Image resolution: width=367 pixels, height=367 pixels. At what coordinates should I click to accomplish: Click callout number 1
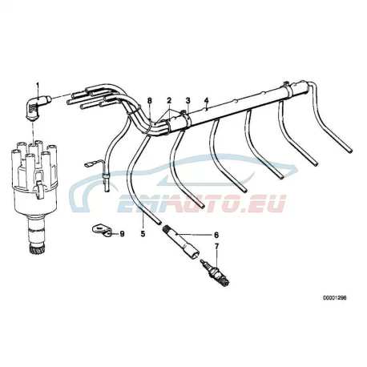click(x=38, y=85)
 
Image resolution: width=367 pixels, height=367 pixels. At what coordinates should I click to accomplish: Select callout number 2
click(x=169, y=101)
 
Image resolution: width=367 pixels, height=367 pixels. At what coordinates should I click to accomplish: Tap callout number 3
click(x=188, y=101)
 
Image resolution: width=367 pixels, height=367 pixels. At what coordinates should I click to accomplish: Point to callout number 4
click(x=206, y=100)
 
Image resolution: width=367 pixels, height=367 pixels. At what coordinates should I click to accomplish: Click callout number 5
click(x=143, y=234)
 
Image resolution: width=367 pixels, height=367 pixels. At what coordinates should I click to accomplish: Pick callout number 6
click(x=216, y=235)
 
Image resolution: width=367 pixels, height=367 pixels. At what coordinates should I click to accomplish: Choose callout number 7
click(x=216, y=247)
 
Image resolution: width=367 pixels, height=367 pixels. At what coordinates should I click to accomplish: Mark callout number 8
click(x=150, y=101)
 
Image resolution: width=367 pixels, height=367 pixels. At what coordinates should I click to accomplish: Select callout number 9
click(x=122, y=234)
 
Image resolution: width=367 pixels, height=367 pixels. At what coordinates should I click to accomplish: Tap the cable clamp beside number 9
click(x=102, y=231)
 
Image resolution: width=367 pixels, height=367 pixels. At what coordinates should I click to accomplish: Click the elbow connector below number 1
click(x=37, y=107)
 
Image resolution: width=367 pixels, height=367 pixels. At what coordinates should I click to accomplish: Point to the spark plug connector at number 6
click(x=180, y=242)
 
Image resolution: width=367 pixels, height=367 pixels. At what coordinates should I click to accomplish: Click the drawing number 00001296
click(x=335, y=298)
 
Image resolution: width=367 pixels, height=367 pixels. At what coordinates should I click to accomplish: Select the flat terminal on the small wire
click(x=87, y=165)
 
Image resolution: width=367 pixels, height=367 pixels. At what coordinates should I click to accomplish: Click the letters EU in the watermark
click(x=270, y=204)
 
